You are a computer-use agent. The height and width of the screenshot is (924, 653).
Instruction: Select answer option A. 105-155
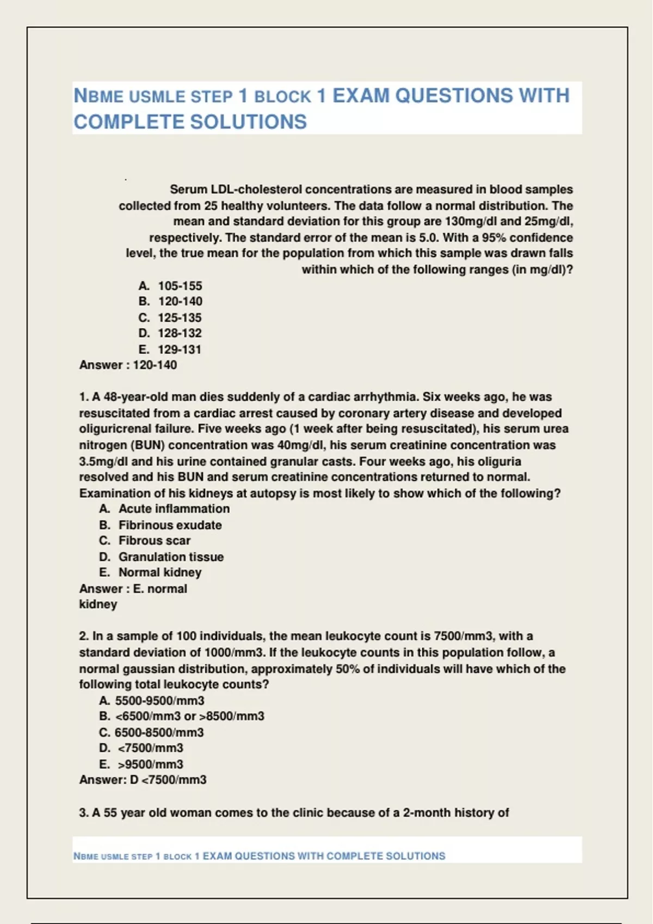click(170, 286)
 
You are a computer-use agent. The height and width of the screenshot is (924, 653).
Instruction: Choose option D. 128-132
click(170, 333)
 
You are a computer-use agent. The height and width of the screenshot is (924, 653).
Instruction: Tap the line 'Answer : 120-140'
click(128, 365)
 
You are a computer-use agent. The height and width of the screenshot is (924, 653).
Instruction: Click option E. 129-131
click(170, 349)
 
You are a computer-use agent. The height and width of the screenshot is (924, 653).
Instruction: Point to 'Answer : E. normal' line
click(133, 589)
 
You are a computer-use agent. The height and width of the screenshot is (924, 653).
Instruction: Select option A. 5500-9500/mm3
click(152, 701)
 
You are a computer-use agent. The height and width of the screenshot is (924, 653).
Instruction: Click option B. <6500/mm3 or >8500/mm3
click(182, 716)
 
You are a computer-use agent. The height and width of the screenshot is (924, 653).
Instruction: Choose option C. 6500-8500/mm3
click(151, 733)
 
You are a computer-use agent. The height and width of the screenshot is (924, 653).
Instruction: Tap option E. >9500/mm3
click(141, 764)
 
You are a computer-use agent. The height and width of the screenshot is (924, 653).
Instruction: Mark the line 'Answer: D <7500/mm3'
click(143, 780)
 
